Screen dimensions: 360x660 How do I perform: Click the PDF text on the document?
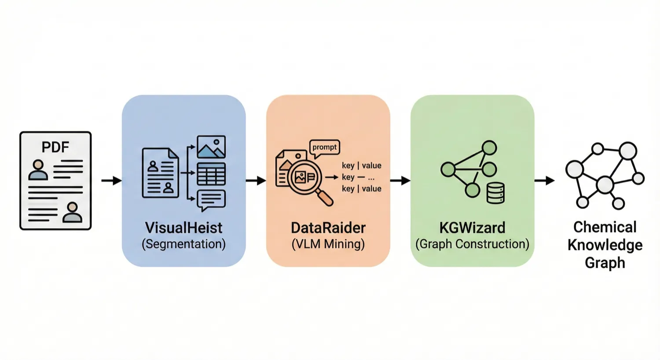tap(55, 147)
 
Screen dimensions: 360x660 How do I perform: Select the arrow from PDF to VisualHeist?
tap(111, 180)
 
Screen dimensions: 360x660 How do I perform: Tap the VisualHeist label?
tap(183, 228)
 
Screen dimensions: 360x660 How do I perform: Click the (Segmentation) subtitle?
tap(183, 244)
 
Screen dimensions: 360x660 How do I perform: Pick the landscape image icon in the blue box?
tap(211, 147)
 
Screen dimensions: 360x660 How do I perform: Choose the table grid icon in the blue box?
tap(211, 174)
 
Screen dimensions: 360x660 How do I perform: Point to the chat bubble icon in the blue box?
tap(211, 200)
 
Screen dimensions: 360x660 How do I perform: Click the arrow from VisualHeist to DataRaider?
tap(256, 180)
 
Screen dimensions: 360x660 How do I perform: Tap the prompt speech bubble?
tap(325, 147)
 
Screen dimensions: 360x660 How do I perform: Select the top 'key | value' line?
tap(361, 165)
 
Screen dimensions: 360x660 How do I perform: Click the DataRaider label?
tap(328, 228)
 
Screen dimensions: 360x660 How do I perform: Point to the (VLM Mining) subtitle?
tap(328, 244)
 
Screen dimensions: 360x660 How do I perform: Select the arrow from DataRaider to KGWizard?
tap(400, 180)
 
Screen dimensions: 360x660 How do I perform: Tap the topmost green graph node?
tap(489, 148)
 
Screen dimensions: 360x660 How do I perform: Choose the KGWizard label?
tap(472, 228)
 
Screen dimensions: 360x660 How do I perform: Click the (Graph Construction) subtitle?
tap(472, 244)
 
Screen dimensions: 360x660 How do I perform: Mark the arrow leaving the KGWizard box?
tap(544, 180)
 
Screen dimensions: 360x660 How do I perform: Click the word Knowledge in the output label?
tap(605, 245)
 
